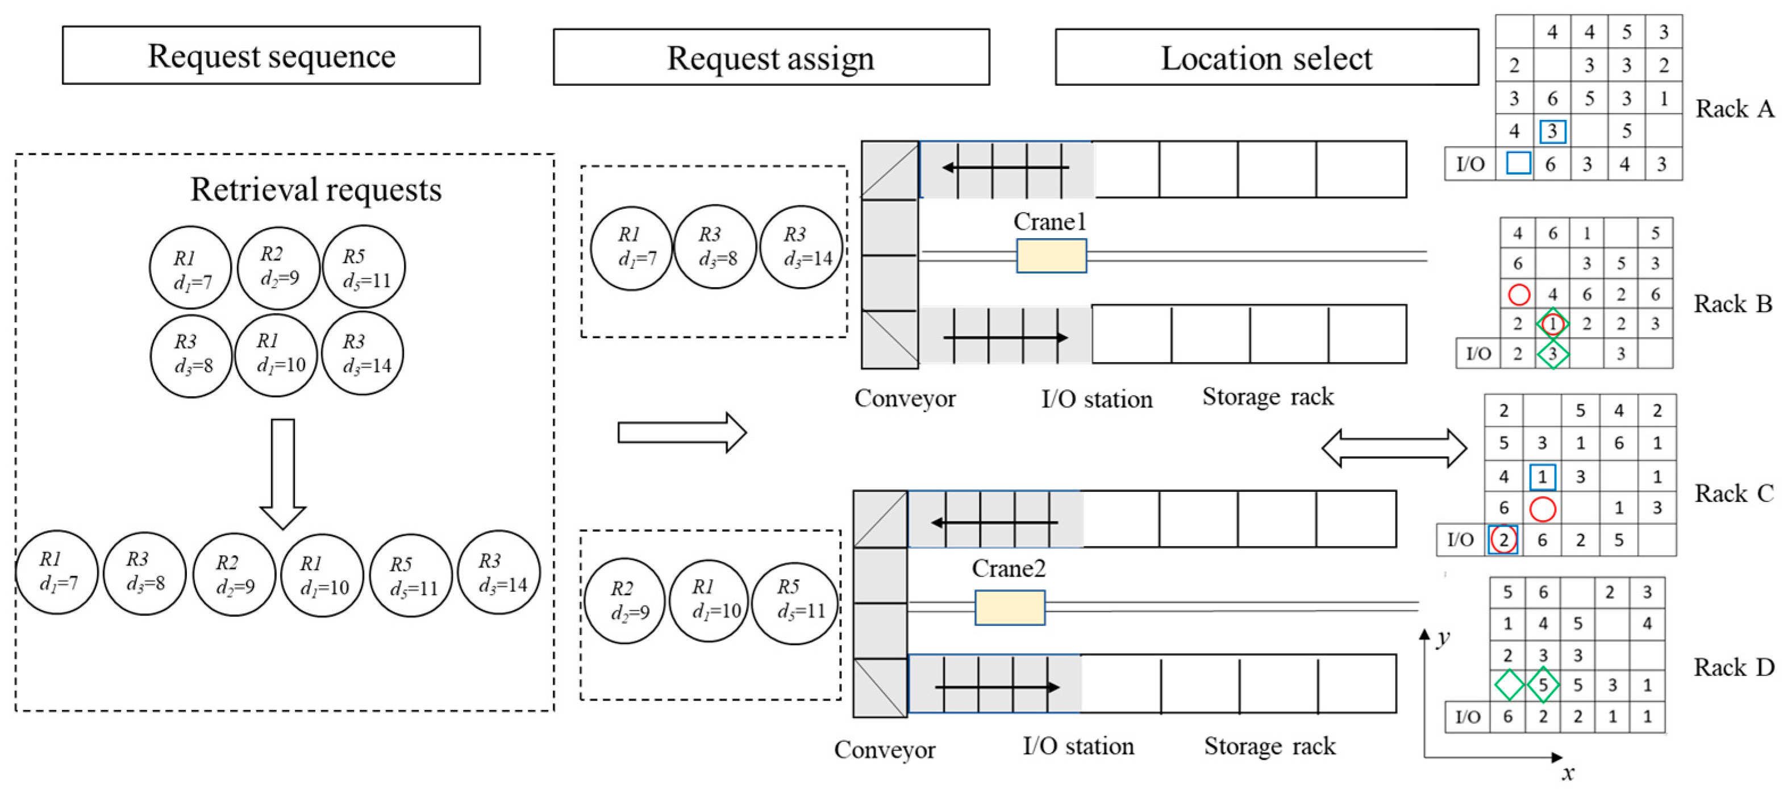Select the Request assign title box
coord(770,57)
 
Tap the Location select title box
coord(1266,57)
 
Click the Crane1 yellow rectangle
coord(1051,256)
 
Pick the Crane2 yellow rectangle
coord(1009,607)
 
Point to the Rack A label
coord(1734,109)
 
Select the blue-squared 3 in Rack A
coord(1552,131)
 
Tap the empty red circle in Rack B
coord(1519,294)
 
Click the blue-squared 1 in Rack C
coord(1542,476)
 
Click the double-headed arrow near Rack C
coord(1393,448)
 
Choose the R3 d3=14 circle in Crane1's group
coord(801,247)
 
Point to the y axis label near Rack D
coord(1443,637)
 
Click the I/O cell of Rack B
coord(1478,353)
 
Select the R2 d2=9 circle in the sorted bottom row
coord(234,575)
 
